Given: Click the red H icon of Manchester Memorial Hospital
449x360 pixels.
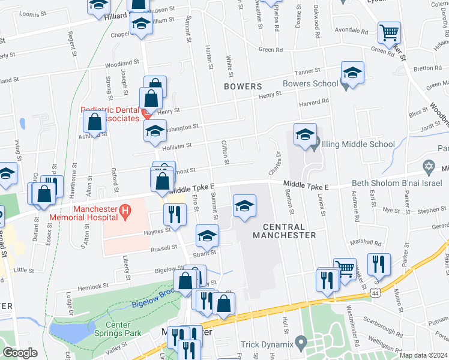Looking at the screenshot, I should [x=125, y=211].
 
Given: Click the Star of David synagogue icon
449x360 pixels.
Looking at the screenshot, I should [x=429, y=166].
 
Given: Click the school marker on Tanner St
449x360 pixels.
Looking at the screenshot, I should [x=352, y=73].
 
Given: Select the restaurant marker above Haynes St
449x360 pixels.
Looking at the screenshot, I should [x=174, y=214].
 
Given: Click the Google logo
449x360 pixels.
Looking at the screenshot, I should [x=20, y=353].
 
